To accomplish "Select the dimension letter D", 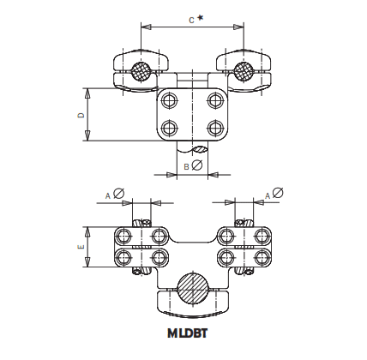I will [81, 114].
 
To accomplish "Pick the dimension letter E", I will [81, 247].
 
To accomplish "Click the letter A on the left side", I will [108, 195].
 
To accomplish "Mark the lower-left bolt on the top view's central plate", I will [170, 128].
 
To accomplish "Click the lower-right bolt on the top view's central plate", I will [214, 128].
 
